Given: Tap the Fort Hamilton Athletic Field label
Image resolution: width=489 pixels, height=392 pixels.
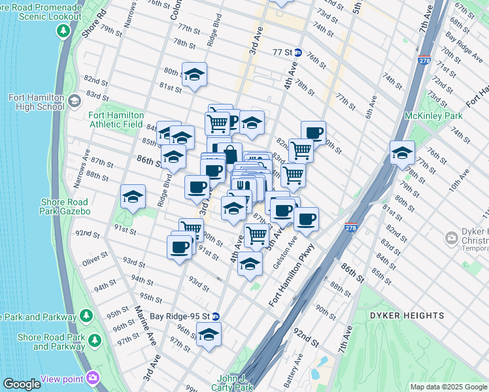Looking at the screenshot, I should tap(114, 120).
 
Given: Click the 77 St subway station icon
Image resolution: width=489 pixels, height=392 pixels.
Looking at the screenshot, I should tap(297, 52).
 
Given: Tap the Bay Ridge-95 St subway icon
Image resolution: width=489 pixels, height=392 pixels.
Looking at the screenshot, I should tap(216, 316).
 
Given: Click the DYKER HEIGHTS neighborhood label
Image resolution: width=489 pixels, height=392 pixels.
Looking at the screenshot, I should tap(407, 316).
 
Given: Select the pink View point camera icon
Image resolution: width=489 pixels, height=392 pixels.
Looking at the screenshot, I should tap(92, 378).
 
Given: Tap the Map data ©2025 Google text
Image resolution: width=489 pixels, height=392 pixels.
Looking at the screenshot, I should tap(448, 387).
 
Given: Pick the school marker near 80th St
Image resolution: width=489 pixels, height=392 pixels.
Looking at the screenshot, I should tap(194, 75).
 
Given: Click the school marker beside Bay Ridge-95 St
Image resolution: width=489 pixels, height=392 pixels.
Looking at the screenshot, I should tap(209, 335).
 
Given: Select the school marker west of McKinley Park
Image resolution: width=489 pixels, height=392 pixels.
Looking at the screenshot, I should tap(402, 154).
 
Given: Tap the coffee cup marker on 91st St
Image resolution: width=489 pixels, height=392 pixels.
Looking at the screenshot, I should tap(180, 247).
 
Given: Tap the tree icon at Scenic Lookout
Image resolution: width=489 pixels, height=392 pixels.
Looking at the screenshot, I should tap(63, 30).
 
